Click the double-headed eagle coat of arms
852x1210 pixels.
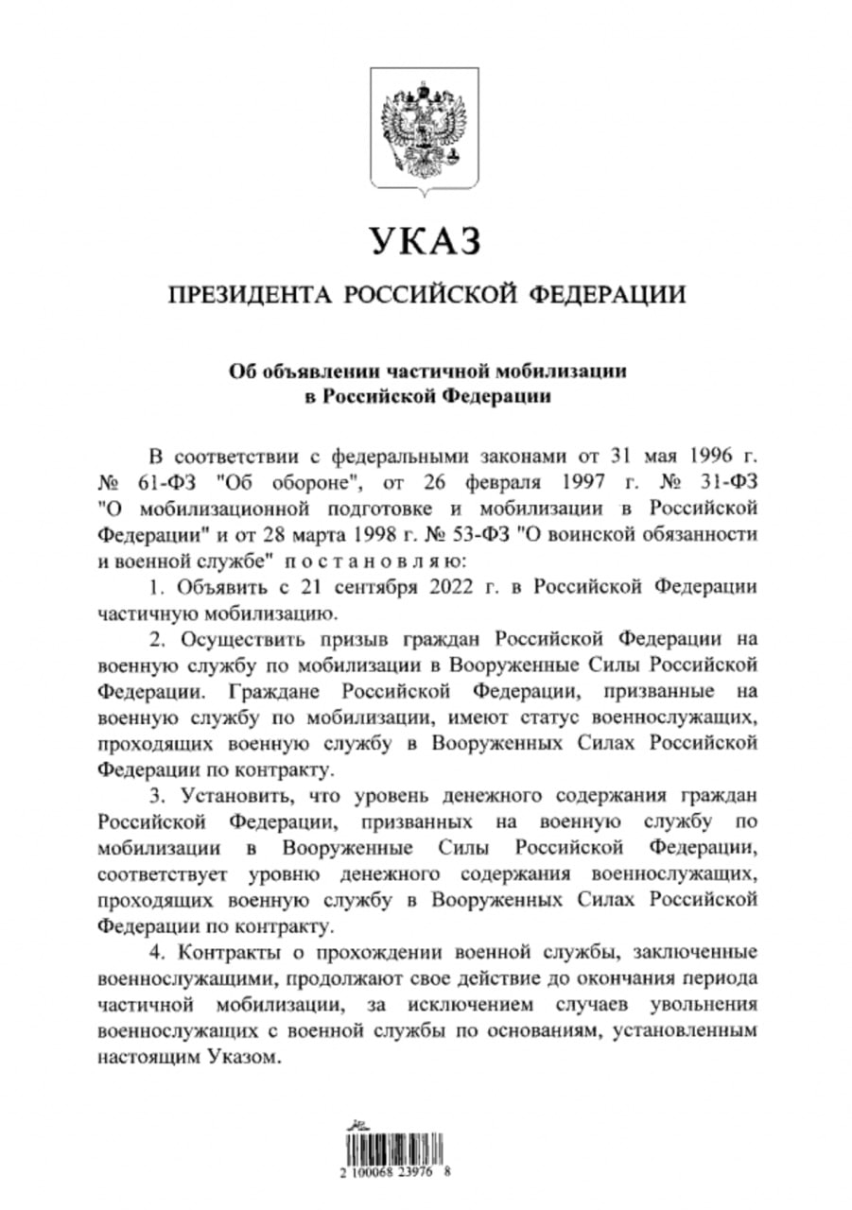426,132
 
